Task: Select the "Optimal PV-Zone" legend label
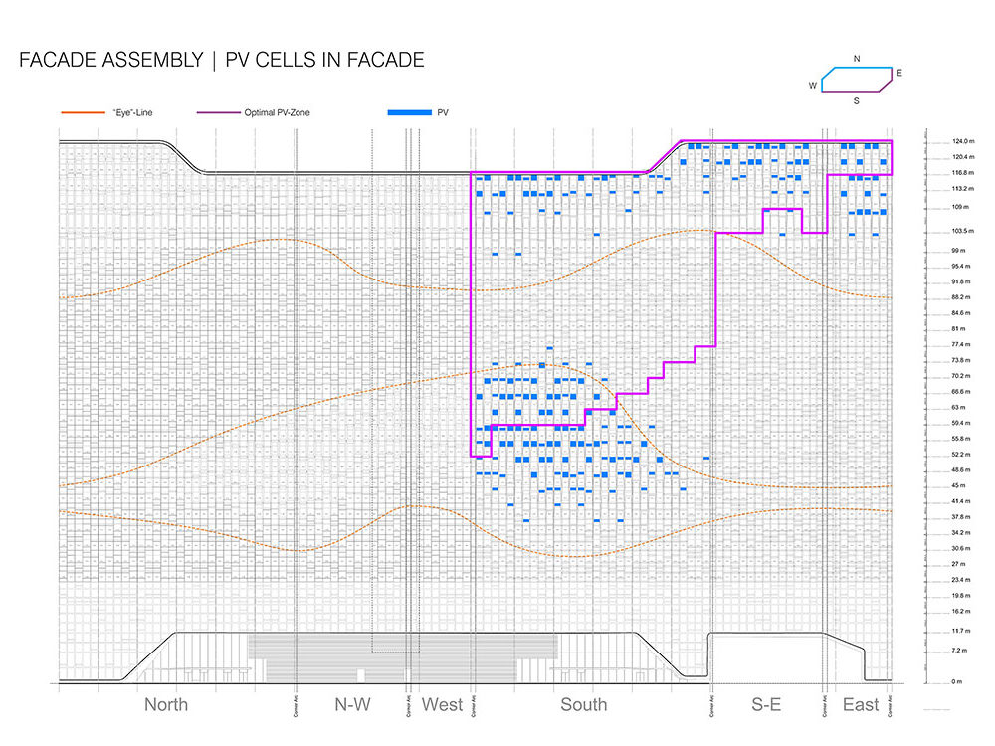click(277, 113)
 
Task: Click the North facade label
click(165, 705)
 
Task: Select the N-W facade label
click(352, 705)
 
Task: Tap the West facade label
click(442, 705)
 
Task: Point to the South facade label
click(583, 705)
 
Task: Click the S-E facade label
click(765, 705)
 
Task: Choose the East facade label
click(861, 705)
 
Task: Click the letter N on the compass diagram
click(857, 59)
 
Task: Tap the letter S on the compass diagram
click(855, 100)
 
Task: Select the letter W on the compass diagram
click(813, 87)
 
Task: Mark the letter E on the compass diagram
click(899, 74)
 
